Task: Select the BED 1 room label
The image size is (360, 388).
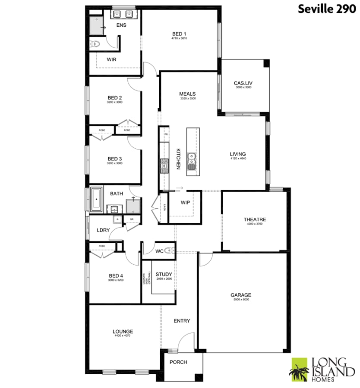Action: pyautogui.click(x=179, y=34)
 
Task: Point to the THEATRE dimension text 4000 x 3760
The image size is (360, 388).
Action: pyautogui.click(x=254, y=224)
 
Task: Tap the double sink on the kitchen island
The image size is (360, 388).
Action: pyautogui.click(x=192, y=161)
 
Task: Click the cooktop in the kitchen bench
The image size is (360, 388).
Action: pyautogui.click(x=164, y=166)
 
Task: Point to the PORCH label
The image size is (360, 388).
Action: pyautogui.click(x=178, y=362)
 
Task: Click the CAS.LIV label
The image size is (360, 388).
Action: pyautogui.click(x=243, y=83)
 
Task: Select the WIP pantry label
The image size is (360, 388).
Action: pyautogui.click(x=185, y=202)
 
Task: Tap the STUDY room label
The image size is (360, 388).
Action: pyautogui.click(x=164, y=274)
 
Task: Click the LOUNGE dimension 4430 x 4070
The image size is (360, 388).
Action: pyautogui.click(x=123, y=335)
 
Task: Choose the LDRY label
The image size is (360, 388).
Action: pyautogui.click(x=103, y=230)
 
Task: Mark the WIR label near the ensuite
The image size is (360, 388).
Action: pyautogui.click(x=112, y=59)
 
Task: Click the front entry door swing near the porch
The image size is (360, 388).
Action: pyautogui.click(x=186, y=344)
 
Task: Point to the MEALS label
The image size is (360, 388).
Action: pyautogui.click(x=188, y=94)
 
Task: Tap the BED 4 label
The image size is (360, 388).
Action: pyautogui.click(x=116, y=275)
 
